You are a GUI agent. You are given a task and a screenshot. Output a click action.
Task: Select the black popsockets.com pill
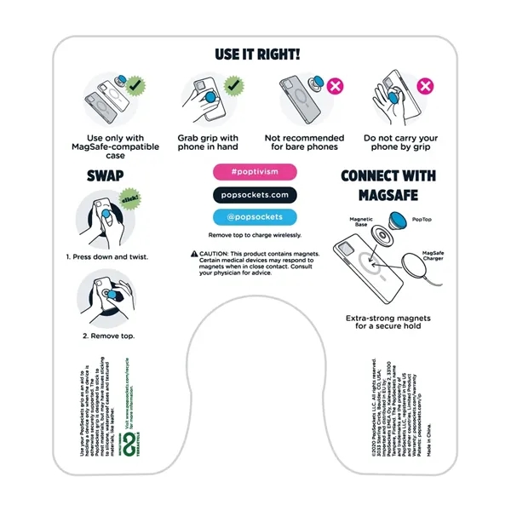(x=255, y=194)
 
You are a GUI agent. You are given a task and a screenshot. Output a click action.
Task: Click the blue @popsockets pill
(x=255, y=216)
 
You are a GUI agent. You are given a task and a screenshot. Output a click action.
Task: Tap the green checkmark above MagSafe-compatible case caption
(x=135, y=87)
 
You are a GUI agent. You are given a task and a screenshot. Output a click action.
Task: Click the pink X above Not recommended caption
(x=334, y=87)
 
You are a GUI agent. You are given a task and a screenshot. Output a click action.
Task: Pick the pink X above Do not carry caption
(x=423, y=86)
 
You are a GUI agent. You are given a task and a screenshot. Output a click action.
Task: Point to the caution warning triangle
(x=194, y=254)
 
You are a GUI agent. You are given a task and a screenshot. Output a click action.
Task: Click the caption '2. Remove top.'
(x=108, y=336)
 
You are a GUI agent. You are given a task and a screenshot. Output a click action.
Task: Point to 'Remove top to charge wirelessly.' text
(x=255, y=235)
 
